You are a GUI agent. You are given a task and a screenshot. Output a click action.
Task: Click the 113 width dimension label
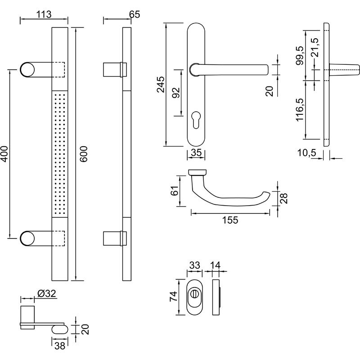(x=44, y=14)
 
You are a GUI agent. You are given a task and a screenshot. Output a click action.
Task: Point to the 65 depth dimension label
(x=134, y=14)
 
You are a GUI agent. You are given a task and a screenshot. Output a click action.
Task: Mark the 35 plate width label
(x=196, y=153)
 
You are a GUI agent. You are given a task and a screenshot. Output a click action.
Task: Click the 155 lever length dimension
(x=229, y=220)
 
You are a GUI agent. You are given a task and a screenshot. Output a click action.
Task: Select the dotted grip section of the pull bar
(x=60, y=153)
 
